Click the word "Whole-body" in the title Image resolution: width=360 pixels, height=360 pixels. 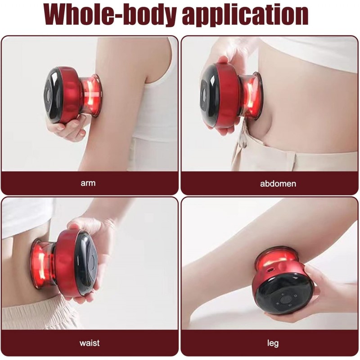(110, 14)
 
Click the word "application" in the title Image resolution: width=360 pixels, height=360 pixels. (245, 15)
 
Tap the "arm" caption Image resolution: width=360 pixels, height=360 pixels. (88, 183)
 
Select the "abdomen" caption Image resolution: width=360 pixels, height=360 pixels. (278, 184)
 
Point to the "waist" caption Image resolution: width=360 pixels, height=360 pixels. (90, 343)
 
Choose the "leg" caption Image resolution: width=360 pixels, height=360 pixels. (273, 343)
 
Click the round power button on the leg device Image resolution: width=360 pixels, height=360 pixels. (286, 299)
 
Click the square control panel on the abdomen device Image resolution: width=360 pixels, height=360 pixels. (204, 95)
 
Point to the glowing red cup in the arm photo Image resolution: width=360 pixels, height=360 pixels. (91, 96)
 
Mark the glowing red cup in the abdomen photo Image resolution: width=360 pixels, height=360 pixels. (251, 96)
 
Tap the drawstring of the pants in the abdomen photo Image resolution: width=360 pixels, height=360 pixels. (242, 138)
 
